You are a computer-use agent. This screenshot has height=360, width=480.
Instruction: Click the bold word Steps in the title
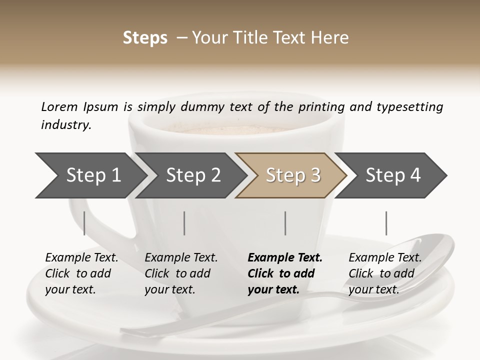(x=145, y=38)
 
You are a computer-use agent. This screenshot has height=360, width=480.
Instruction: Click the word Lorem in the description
(x=59, y=106)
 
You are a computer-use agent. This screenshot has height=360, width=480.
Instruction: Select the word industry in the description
(x=66, y=125)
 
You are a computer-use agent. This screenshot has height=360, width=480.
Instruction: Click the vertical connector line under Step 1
(x=84, y=223)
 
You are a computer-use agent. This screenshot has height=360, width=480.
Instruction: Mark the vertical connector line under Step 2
(x=184, y=223)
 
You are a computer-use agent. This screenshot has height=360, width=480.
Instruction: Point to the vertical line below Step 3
(x=285, y=223)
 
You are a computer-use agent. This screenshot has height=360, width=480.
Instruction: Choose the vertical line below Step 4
(x=386, y=223)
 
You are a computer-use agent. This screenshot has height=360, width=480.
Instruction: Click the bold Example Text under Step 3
(x=285, y=258)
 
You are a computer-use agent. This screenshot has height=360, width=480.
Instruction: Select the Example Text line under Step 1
(x=81, y=258)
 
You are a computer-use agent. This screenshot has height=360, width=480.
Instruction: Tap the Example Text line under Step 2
(x=181, y=258)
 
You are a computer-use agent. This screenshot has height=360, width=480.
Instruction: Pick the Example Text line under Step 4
(x=385, y=258)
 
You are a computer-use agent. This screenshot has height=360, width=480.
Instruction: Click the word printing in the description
(x=321, y=106)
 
